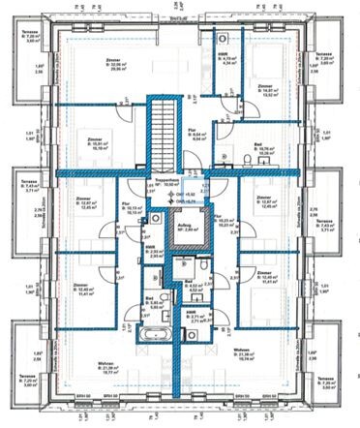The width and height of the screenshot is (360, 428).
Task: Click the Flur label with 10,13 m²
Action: click(x=134, y=205)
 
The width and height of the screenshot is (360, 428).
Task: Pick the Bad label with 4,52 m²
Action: click(x=192, y=285)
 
